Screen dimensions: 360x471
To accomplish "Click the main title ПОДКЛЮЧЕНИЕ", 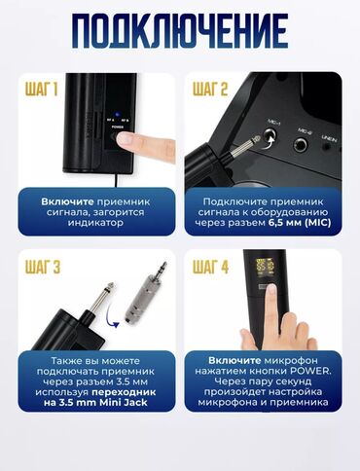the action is [x=180, y=31].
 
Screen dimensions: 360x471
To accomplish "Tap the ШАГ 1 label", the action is [x=41, y=89].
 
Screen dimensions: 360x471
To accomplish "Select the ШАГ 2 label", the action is [x=210, y=89].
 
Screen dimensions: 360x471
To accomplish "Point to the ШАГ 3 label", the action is [x=43, y=267].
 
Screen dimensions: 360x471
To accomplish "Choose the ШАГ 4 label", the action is [x=210, y=267].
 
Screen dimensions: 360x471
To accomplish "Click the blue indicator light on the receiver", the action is [x=117, y=114].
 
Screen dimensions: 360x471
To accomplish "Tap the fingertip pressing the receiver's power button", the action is [x=125, y=139].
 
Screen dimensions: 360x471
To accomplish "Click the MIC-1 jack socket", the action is [x=270, y=135].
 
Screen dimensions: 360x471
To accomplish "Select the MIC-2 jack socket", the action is [x=301, y=144].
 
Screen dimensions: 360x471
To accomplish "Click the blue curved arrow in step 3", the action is [x=110, y=314].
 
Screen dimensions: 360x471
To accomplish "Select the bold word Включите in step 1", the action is [x=67, y=201].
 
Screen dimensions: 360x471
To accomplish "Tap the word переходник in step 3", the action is [x=124, y=392].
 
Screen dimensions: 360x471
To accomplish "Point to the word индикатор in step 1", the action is [x=95, y=223].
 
